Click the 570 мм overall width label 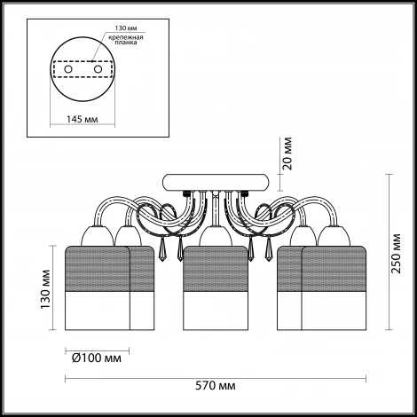coord(216,386)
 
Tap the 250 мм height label coord(396,254)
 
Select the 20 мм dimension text coord(287,153)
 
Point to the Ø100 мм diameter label coord(97,358)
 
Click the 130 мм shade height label coord(46,289)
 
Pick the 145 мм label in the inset coord(83,119)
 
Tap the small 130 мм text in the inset coord(126,28)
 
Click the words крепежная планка coord(126,40)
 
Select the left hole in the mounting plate coord(68,69)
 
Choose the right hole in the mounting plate coord(98,69)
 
